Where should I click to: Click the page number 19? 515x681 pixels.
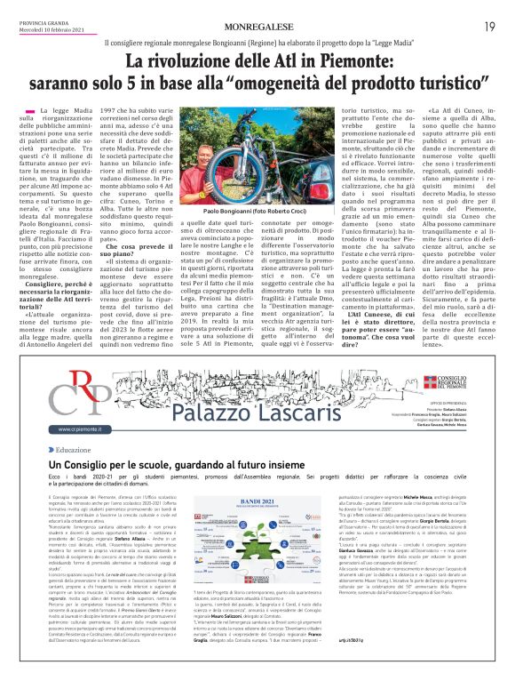[x=489, y=27]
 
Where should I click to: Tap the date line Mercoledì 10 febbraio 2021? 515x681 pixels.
[x=51, y=30]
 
